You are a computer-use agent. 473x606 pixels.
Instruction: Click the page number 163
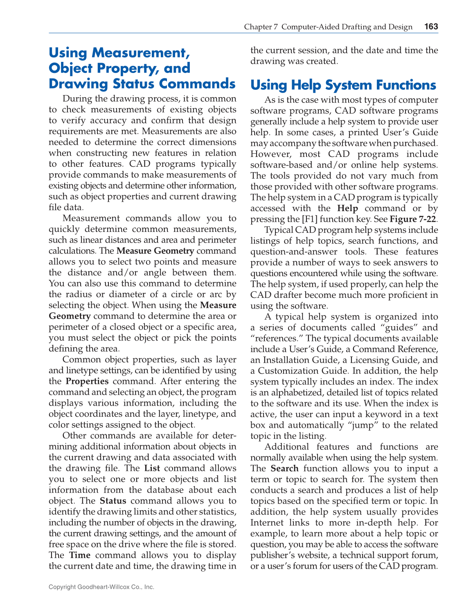(431, 27)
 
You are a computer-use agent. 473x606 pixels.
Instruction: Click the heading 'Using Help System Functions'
(343, 85)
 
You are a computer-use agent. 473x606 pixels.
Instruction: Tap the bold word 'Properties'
(87, 381)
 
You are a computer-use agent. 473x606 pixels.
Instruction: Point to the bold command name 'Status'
(113, 501)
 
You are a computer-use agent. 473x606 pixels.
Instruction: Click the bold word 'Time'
(80, 555)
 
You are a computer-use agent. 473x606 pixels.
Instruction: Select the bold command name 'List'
(152, 468)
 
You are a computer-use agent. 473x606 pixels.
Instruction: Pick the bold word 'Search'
(284, 468)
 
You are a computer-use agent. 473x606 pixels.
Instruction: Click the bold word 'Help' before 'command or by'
(347, 208)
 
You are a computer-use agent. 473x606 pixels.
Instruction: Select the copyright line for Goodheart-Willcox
(101, 587)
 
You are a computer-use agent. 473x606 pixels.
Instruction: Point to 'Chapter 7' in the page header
(261, 27)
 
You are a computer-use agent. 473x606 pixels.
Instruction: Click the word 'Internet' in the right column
(267, 522)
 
